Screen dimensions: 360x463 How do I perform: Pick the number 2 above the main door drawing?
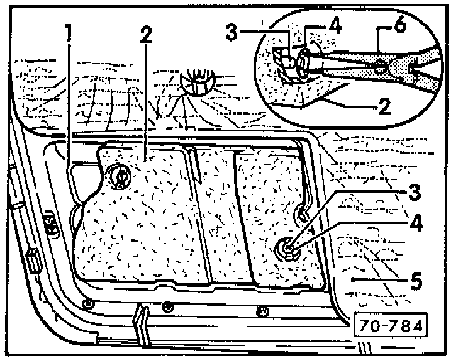click(x=145, y=35)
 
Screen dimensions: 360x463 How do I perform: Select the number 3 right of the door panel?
click(x=413, y=191)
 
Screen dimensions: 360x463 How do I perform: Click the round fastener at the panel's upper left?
click(x=118, y=176)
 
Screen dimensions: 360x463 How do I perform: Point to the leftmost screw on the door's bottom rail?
click(x=87, y=305)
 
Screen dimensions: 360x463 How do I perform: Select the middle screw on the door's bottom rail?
click(x=167, y=307)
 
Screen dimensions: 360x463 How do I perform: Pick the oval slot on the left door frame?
click(x=49, y=224)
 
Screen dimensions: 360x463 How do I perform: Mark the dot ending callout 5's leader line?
click(x=354, y=279)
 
